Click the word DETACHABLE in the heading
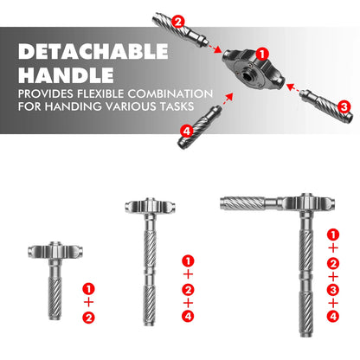point(93,51)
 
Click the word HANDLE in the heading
point(66,75)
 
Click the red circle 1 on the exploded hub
point(262,54)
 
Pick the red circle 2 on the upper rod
point(178,22)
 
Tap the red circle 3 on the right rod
point(344,106)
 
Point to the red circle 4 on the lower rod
point(187,132)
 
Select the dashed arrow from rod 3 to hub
point(294,88)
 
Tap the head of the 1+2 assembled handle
point(55,250)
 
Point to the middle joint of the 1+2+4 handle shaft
point(150,273)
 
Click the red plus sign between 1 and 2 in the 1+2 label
point(89,303)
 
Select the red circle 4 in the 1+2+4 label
point(188,317)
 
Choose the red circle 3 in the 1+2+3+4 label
point(333,290)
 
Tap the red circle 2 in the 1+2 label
point(88,318)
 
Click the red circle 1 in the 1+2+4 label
point(188,261)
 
